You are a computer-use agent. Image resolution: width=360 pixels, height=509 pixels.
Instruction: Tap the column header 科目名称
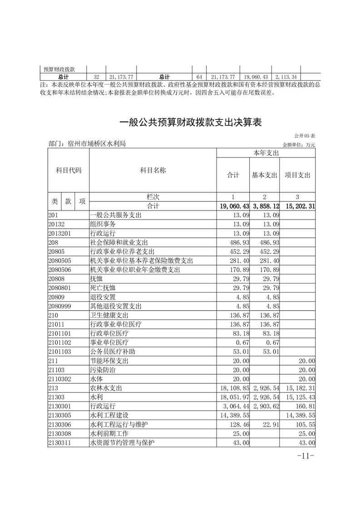(x=153, y=171)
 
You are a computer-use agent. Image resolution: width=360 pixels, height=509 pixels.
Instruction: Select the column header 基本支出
(x=265, y=175)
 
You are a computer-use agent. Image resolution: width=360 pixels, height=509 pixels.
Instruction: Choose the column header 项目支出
(x=298, y=175)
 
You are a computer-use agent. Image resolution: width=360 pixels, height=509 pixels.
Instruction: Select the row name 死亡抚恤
(x=104, y=288)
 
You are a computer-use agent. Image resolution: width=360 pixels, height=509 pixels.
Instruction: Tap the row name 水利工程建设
(x=110, y=415)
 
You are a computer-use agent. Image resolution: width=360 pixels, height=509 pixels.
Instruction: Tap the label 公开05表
(x=304, y=136)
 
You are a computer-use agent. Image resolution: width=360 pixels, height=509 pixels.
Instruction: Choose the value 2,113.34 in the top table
(x=286, y=77)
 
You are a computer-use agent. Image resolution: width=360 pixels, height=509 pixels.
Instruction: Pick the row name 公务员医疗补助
(x=113, y=352)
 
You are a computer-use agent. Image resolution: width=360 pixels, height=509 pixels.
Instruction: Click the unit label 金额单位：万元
(x=299, y=145)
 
